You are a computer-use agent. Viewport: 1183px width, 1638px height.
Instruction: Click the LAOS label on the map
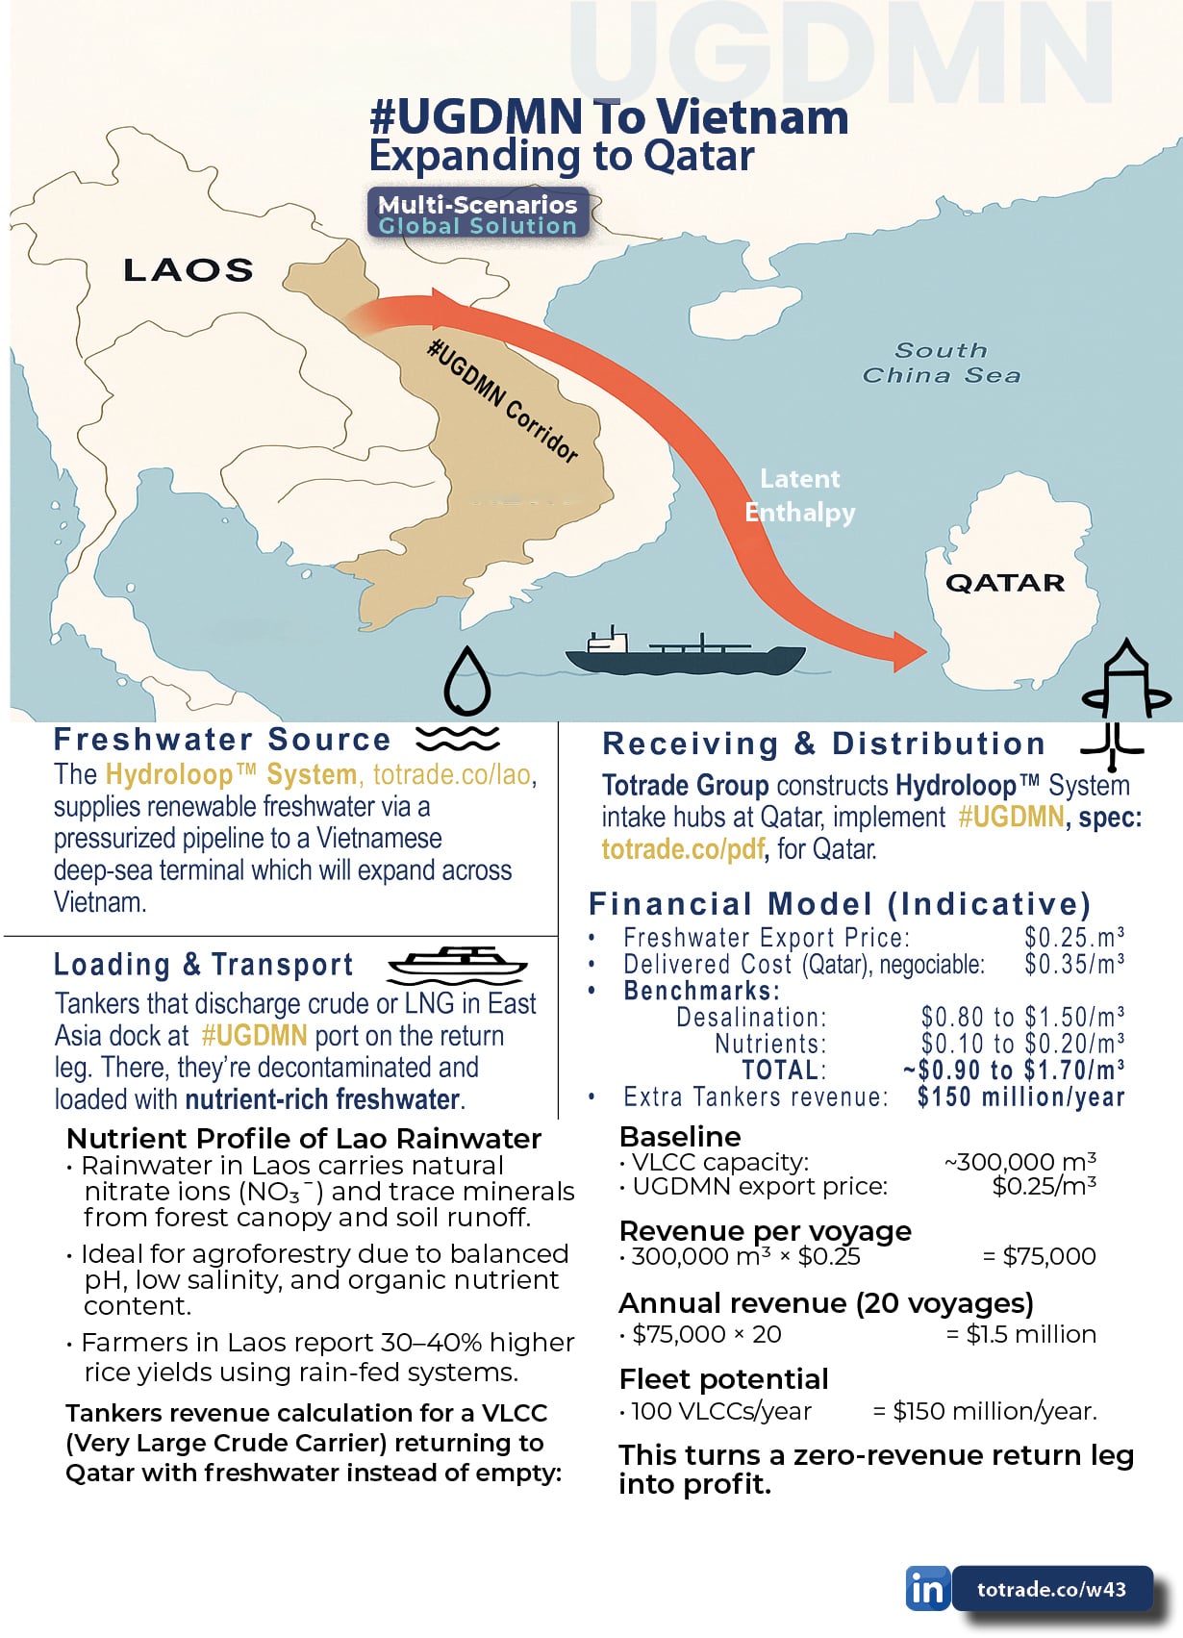coord(189,270)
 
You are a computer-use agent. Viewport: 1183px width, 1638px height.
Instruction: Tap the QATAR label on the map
coord(1005,583)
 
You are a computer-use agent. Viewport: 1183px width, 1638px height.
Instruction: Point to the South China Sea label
coord(941,363)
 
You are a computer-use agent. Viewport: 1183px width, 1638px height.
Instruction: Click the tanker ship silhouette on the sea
coord(685,654)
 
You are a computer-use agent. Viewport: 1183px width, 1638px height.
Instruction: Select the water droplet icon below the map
coord(467,680)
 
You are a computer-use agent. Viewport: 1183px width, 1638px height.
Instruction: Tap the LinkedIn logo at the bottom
coord(927,1588)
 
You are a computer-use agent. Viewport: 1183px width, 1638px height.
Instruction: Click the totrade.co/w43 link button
coord(1051,1589)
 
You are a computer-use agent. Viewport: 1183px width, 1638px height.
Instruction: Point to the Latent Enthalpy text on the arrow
coord(800,495)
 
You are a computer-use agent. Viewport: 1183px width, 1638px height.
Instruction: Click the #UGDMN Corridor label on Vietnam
coord(503,401)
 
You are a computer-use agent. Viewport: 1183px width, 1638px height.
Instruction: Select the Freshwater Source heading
coord(222,740)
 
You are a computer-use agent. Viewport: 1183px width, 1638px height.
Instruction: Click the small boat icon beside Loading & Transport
coord(457,962)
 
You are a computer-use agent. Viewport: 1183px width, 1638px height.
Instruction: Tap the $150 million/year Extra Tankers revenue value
coord(1020,1096)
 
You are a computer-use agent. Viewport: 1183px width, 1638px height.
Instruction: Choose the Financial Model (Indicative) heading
coord(840,904)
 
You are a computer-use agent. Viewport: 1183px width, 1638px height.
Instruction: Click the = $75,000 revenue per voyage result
coord(1039,1256)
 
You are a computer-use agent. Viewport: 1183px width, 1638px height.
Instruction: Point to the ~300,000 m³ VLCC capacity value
coord(1019,1162)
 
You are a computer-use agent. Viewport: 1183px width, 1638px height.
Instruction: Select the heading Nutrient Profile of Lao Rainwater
coord(304,1139)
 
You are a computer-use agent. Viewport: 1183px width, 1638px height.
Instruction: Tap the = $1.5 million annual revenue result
coord(1020,1334)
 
